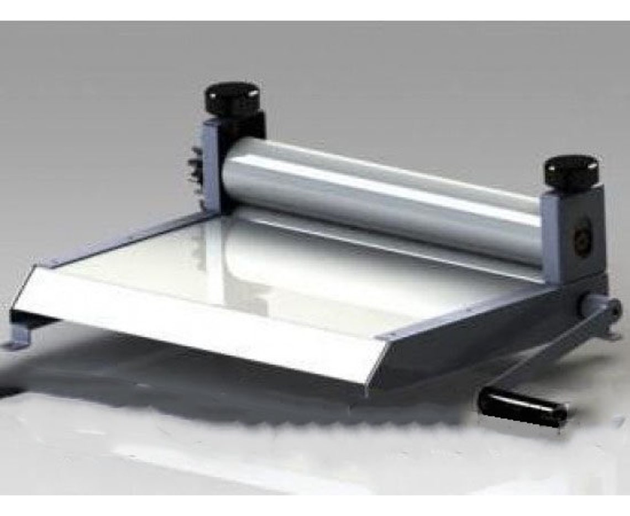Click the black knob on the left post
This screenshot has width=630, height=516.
pyautogui.click(x=232, y=98)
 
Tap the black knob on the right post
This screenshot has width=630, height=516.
pyautogui.click(x=571, y=170)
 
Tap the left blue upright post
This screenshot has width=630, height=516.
pyautogui.click(x=213, y=166)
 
